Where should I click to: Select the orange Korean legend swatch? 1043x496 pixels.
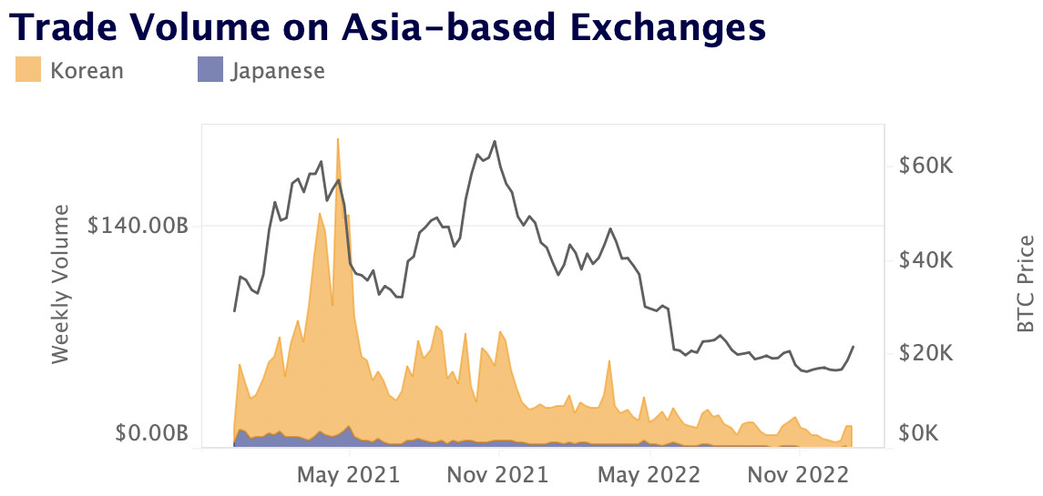coord(29,70)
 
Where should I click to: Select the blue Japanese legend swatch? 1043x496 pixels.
coord(210,70)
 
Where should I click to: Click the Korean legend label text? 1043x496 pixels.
coord(87,70)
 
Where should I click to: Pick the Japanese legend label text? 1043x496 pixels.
coord(277,70)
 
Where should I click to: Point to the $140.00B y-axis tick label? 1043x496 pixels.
coord(138,226)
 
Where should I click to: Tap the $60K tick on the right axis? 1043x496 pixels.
coord(925,167)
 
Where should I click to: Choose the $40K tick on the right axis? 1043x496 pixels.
coord(925,260)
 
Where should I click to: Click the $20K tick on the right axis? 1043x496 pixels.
coord(925,353)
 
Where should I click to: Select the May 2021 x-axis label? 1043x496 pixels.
coord(349,474)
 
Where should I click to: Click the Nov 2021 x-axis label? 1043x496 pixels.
coord(498,474)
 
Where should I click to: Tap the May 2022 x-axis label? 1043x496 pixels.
coord(649,474)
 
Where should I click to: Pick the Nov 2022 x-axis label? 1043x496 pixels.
coord(799,474)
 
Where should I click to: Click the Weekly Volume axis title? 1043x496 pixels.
coord(61,284)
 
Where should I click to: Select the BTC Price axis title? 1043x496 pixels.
coord(1026,283)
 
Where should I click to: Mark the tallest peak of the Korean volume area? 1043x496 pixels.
coord(338,140)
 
